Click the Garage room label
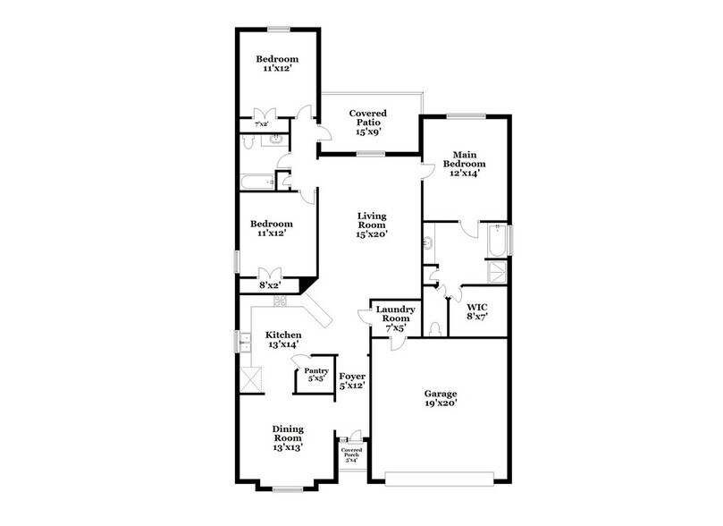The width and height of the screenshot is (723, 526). (x=441, y=394)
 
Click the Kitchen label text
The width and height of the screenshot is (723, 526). (x=282, y=335)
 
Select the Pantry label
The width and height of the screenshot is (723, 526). (x=315, y=370)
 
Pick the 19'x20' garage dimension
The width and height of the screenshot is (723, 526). (x=441, y=404)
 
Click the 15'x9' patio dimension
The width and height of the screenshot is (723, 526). (x=367, y=131)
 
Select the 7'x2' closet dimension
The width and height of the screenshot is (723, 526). (x=261, y=123)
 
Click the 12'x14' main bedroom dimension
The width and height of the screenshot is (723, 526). (x=468, y=174)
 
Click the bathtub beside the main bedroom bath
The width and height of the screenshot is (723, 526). (x=496, y=241)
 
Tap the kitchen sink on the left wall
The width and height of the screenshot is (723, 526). (x=243, y=341)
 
